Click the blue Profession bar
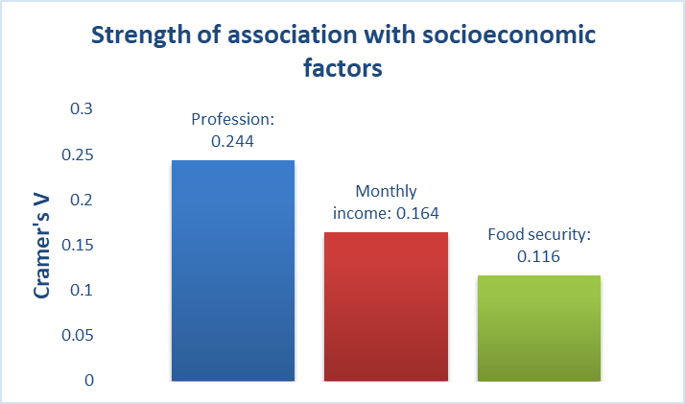click(232, 271)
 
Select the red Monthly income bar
click(385, 307)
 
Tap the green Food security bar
click(538, 328)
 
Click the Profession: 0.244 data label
click(233, 130)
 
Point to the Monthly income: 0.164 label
click(385, 202)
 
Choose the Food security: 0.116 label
click(537, 245)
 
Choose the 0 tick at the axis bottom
click(89, 380)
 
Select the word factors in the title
click(342, 70)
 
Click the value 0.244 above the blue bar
click(233, 140)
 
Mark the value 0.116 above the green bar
click(537, 256)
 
